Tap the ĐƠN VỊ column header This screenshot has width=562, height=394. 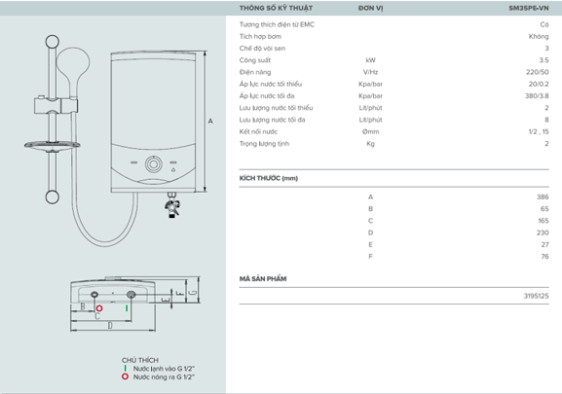click(x=370, y=7)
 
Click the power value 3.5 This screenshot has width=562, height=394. click(x=543, y=60)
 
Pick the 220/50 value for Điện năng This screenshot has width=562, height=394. click(x=539, y=72)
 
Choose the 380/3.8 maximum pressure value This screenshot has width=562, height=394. click(x=537, y=95)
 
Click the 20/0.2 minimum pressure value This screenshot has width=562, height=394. click(x=538, y=84)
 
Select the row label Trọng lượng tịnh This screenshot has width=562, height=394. click(x=265, y=143)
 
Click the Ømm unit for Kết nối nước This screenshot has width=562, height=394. click(x=370, y=131)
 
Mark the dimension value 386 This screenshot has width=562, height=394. click(x=543, y=197)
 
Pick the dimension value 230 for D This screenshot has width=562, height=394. click(x=543, y=233)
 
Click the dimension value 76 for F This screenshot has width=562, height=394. click(x=544, y=256)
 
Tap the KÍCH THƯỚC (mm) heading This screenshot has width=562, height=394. click(x=268, y=178)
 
